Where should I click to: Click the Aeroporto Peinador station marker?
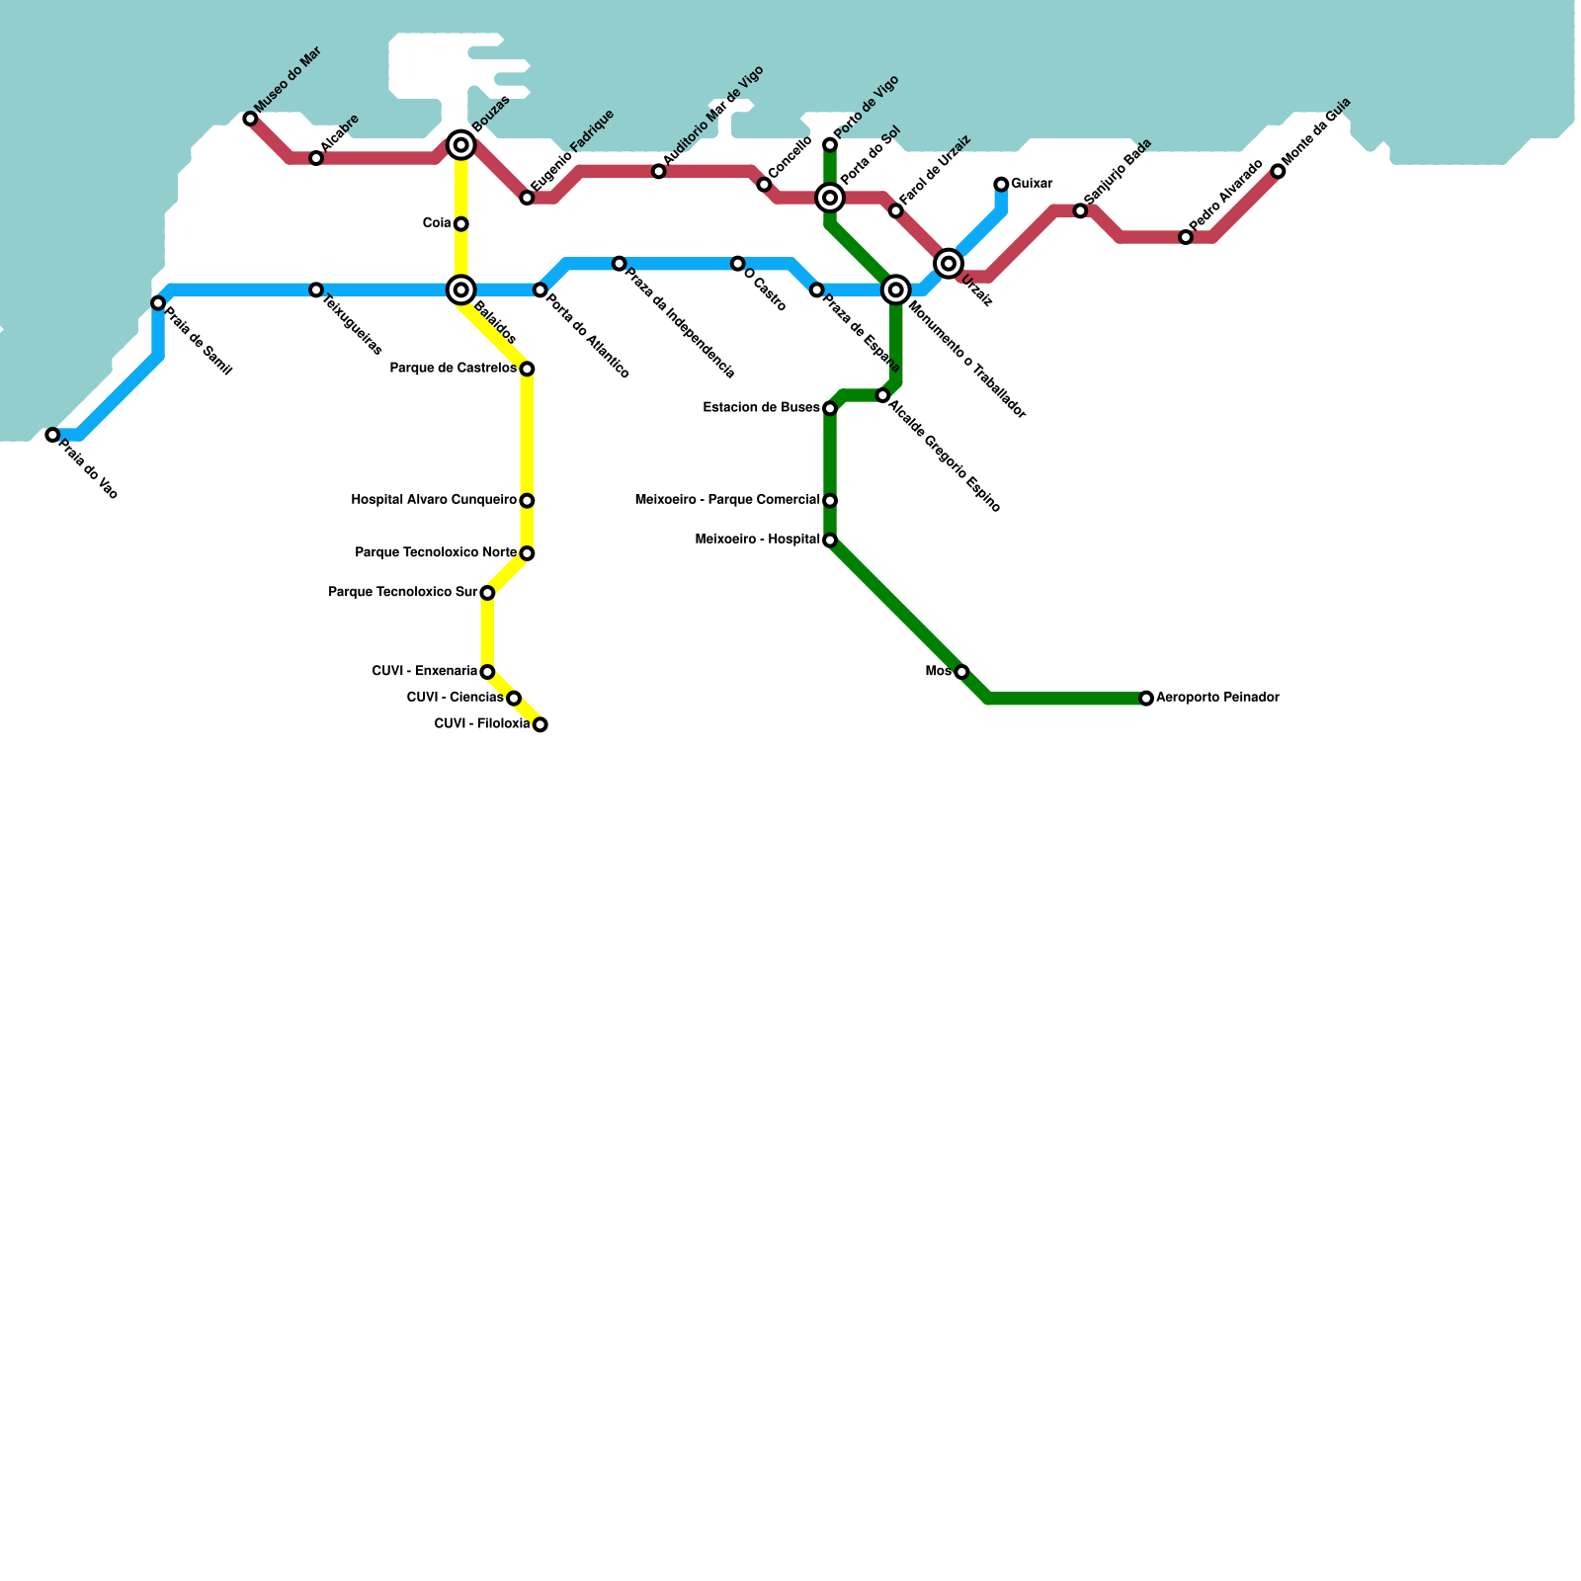[x=1145, y=699]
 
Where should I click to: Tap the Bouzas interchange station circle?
[x=460, y=145]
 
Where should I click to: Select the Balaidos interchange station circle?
[x=460, y=290]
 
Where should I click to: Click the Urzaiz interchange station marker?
[x=949, y=263]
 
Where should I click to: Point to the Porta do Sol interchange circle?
[x=830, y=199]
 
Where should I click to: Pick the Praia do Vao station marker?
[x=52, y=435]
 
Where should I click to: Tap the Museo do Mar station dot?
[x=250, y=119]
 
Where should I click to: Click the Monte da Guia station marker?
[x=1278, y=172]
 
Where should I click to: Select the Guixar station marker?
[x=1001, y=185]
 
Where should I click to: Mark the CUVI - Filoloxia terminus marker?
[x=540, y=725]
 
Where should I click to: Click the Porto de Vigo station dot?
[x=830, y=145]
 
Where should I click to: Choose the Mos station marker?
[x=961, y=672]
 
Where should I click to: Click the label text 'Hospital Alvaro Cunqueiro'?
[x=434, y=500]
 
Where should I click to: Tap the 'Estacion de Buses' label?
[x=761, y=407]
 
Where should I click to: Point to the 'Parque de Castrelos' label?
[x=453, y=369]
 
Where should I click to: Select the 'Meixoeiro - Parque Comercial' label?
[x=727, y=500]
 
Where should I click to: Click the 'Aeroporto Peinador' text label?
[x=1217, y=698]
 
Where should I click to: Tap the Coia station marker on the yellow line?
[x=460, y=224]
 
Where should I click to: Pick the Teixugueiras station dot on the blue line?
[x=316, y=291]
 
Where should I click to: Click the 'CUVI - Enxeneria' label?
[x=424, y=671]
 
